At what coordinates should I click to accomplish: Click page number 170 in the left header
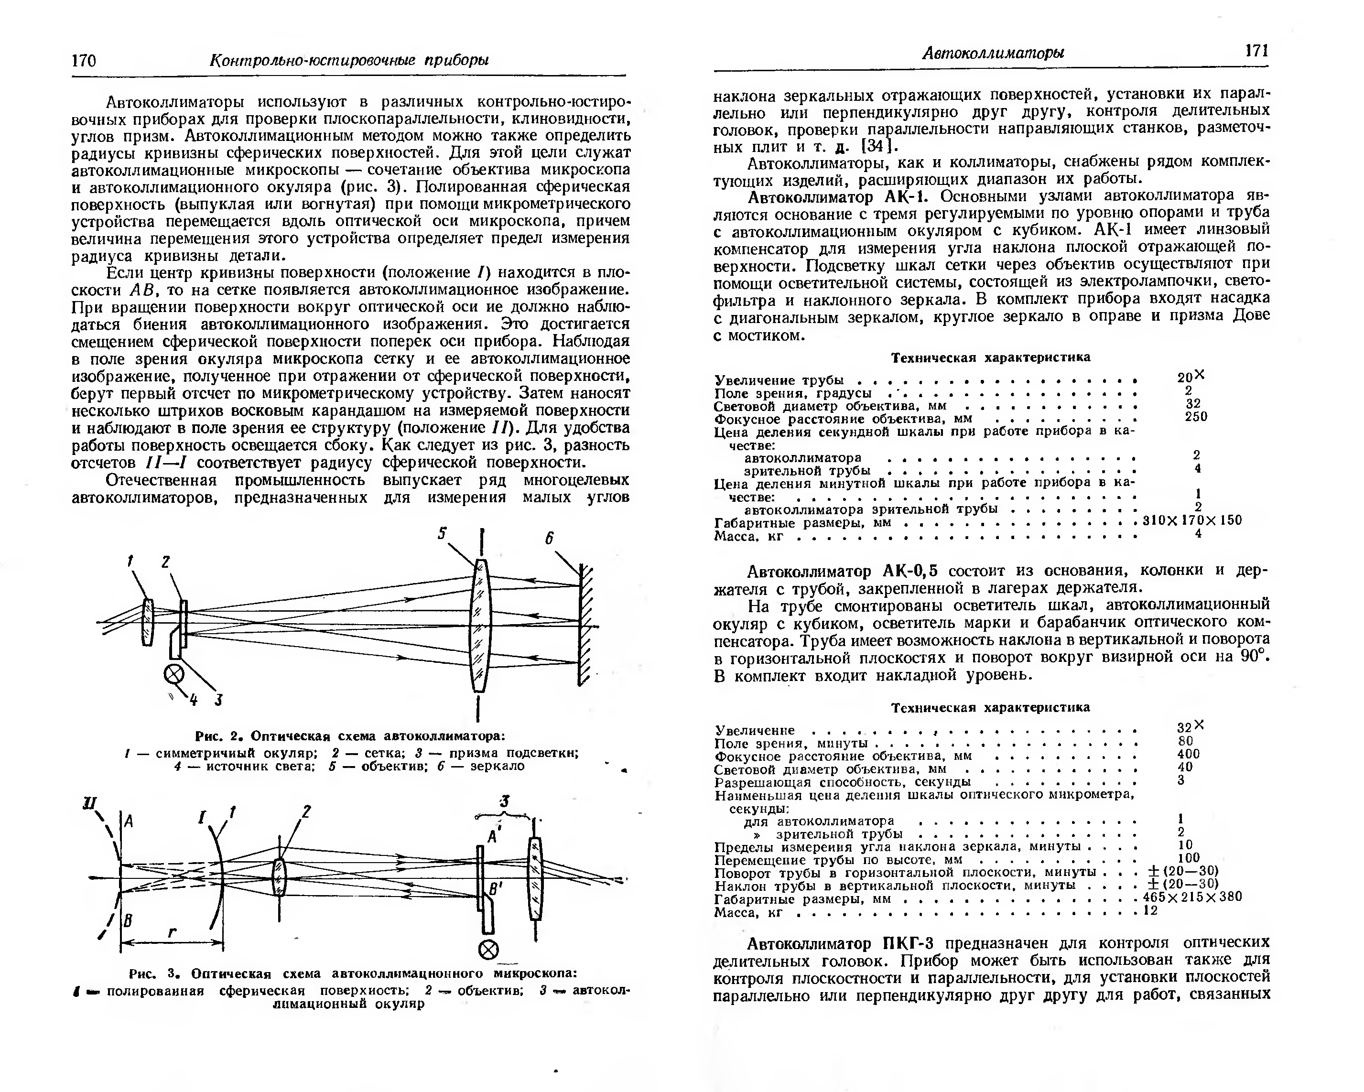click(x=84, y=60)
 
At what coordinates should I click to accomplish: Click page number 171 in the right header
click(x=1256, y=51)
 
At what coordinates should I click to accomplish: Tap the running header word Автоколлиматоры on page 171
click(x=992, y=53)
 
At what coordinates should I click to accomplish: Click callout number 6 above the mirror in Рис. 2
click(x=549, y=539)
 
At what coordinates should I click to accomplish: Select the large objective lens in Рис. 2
click(x=481, y=625)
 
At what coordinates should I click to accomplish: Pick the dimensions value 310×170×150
click(x=1192, y=520)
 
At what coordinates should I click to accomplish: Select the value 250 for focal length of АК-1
click(x=1196, y=416)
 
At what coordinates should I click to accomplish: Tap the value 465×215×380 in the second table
click(x=1192, y=897)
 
